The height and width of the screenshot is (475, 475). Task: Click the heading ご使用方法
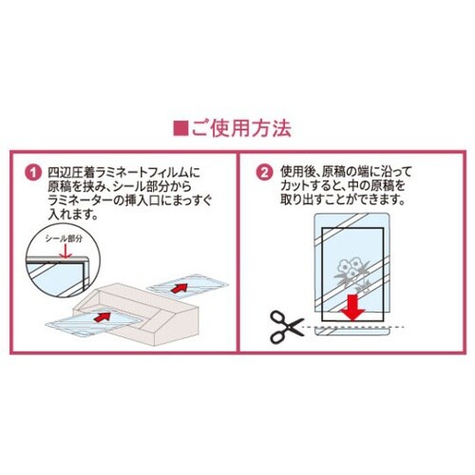coord(241,128)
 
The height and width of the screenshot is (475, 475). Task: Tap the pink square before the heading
coord(180,128)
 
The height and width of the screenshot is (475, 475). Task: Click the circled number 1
coord(33,173)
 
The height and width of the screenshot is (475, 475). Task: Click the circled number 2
coord(264,173)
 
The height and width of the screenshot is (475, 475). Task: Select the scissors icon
coord(287,327)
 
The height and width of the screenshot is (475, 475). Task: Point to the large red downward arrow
coord(353,307)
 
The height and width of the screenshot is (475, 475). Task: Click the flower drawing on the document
coord(351,274)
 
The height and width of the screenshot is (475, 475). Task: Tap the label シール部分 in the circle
coord(64,239)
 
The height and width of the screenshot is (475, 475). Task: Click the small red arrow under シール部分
coord(65,251)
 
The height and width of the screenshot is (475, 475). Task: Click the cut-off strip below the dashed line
coord(351,332)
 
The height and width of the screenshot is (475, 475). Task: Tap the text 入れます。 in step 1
coord(74,215)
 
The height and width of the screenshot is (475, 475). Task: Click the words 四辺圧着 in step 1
coord(71,173)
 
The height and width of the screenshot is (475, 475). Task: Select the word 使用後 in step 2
coord(297,173)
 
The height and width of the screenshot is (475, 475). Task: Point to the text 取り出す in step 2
coord(303,200)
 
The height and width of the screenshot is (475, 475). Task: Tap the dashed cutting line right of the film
coord(397,327)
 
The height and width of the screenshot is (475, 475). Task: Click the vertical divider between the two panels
coord(237,252)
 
